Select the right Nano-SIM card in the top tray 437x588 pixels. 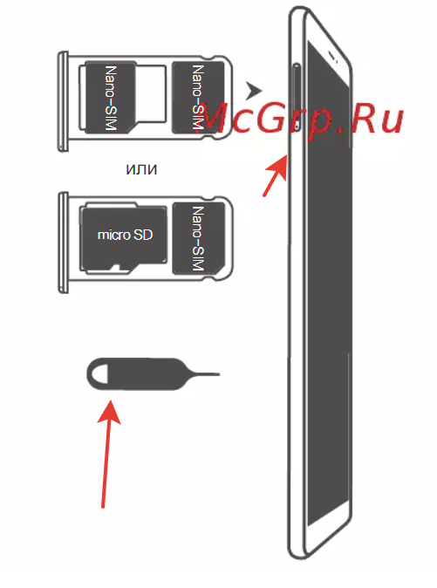(197, 98)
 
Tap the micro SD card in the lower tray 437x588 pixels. (124, 239)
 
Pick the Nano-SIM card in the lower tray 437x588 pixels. (198, 238)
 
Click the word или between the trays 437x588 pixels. (141, 169)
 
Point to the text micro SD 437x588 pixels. (125, 235)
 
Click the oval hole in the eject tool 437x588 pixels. (99, 374)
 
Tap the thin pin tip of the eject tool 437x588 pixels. (219, 374)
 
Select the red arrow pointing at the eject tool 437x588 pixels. (106, 454)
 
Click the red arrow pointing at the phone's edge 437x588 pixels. (275, 175)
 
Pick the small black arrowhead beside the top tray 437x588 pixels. (253, 91)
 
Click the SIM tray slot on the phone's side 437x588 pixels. (297, 98)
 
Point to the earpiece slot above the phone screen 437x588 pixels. (334, 57)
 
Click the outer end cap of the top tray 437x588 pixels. (63, 101)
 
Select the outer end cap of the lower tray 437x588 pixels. (64, 243)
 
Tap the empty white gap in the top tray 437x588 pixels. (151, 93)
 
